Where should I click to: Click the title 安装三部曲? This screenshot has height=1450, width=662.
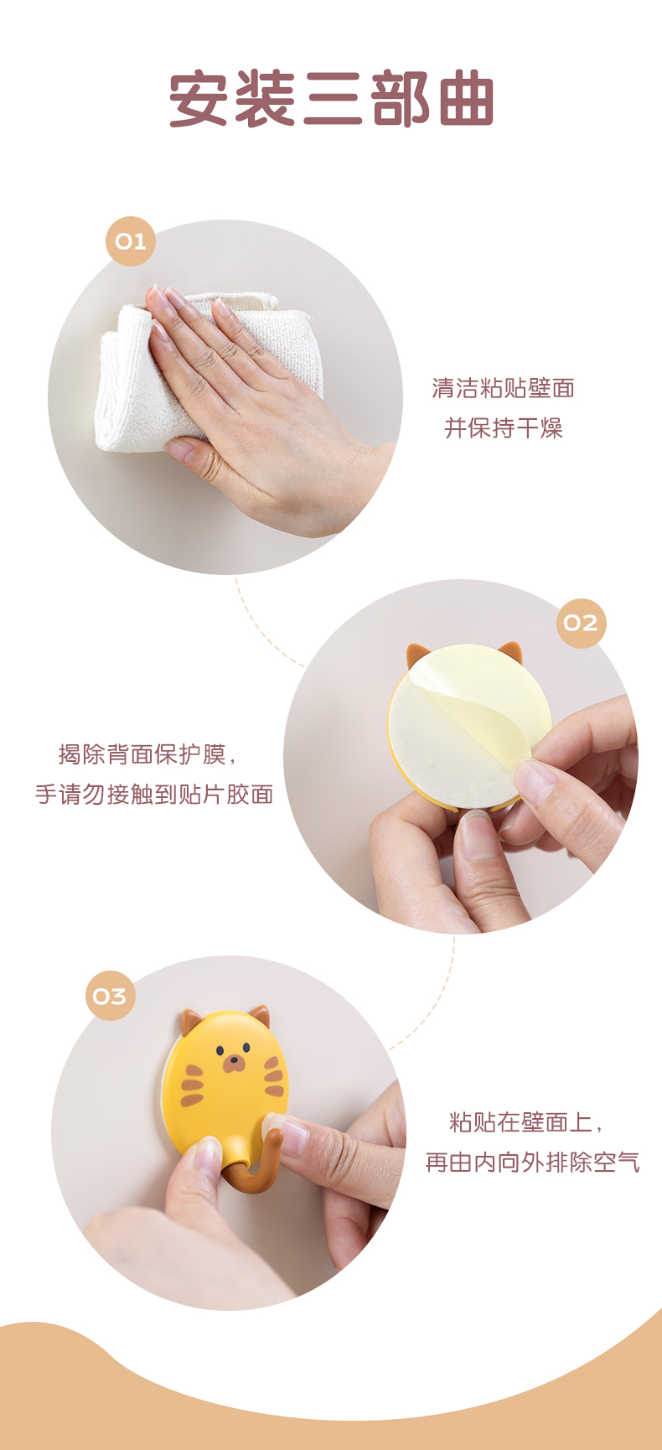pyautogui.click(x=332, y=100)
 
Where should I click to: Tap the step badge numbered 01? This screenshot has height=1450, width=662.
pyautogui.click(x=131, y=241)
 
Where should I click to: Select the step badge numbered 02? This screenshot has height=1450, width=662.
pyautogui.click(x=581, y=623)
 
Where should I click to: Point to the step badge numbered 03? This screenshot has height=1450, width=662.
pyautogui.click(x=110, y=996)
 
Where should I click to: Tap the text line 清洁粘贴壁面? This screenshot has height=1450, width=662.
pyautogui.click(x=503, y=388)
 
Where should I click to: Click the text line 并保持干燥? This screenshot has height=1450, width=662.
pyautogui.click(x=503, y=428)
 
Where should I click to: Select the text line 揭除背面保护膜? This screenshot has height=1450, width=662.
pyautogui.click(x=147, y=754)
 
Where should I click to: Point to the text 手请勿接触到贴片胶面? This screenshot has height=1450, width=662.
pyautogui.click(x=154, y=794)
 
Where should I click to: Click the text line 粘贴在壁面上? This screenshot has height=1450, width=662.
pyautogui.click(x=526, y=1121)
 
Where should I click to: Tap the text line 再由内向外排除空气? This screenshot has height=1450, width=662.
pyautogui.click(x=533, y=1162)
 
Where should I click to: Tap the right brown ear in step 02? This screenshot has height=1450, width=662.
pyautogui.click(x=510, y=652)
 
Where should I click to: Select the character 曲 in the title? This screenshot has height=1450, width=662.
pyautogui.click(x=466, y=100)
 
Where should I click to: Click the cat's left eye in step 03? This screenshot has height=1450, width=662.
pyautogui.click(x=220, y=1049)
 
